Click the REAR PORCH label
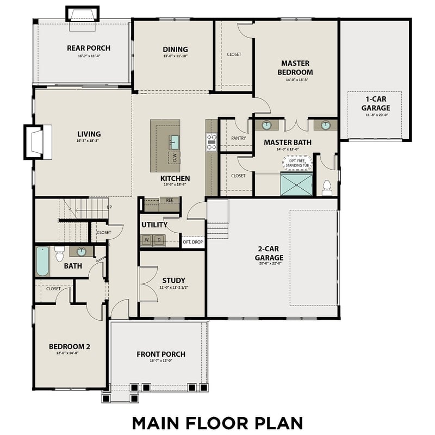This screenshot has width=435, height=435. click(x=88, y=48)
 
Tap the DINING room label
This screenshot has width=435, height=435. click(x=175, y=49)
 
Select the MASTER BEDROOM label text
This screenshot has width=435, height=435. click(x=295, y=67)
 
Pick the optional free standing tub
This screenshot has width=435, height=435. click(x=297, y=162)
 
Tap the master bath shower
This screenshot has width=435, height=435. click(x=296, y=184)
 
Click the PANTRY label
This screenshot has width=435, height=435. click(x=238, y=138)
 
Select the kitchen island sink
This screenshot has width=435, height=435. click(x=174, y=142)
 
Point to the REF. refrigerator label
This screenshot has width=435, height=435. click(x=169, y=201)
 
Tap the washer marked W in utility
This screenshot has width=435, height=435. click(x=147, y=239)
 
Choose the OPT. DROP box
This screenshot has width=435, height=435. click(x=192, y=241)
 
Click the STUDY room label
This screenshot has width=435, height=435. click(x=173, y=281)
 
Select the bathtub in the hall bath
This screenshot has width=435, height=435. click(x=42, y=262)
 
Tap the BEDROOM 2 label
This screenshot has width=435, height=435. click(x=69, y=346)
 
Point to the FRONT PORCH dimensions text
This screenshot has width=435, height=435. click(x=160, y=361)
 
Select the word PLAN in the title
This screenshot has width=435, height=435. click(x=275, y=422)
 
